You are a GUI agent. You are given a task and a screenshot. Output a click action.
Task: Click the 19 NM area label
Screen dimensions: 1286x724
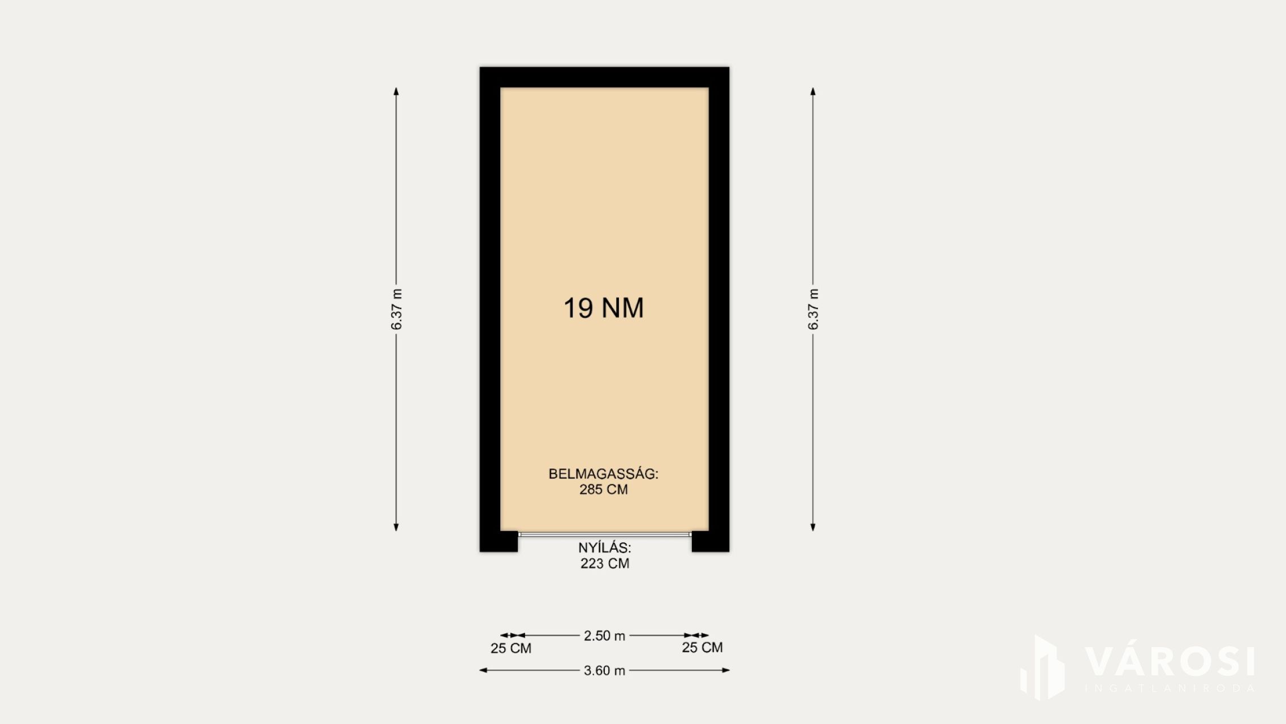[x=603, y=308]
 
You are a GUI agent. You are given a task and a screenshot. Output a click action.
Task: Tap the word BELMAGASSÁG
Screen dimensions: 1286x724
[x=603, y=474]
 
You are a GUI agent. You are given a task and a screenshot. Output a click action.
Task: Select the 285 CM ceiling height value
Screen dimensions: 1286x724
[x=603, y=490]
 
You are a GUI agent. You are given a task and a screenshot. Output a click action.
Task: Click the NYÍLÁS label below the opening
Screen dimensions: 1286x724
[x=604, y=548]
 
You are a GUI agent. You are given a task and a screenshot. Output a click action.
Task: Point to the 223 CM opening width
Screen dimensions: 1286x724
[x=604, y=563]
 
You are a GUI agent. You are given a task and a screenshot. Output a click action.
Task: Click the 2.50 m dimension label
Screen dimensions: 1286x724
[x=604, y=636]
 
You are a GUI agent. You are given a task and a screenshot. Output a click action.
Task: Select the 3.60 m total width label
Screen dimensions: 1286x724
[x=604, y=670]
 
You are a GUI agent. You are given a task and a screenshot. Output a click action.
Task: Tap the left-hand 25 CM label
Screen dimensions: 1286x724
[x=511, y=648]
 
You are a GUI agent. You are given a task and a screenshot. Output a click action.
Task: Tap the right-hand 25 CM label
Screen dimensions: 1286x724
[x=702, y=648]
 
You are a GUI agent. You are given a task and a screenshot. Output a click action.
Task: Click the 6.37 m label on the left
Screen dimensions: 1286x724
[x=396, y=309]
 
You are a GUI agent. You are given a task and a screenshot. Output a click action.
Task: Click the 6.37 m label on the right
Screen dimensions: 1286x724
[x=813, y=309]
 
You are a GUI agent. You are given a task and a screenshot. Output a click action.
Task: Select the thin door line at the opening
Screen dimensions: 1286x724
[x=605, y=534]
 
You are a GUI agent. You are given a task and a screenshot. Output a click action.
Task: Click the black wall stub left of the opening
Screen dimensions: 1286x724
[x=499, y=541]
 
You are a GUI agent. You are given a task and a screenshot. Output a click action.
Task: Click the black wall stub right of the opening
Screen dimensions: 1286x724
[x=711, y=541]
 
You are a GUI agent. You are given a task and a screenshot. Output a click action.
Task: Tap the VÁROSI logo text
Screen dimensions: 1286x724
[x=1170, y=661]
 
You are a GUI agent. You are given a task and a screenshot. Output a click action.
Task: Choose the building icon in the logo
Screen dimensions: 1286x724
[x=1043, y=668]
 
